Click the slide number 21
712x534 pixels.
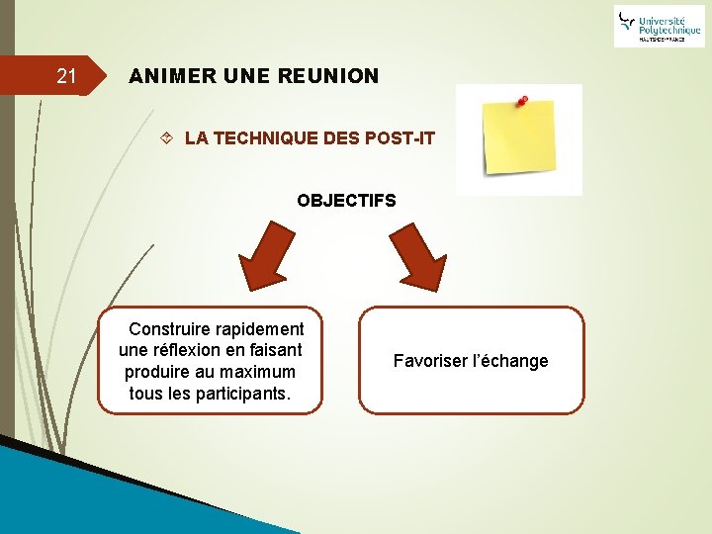coord(66,76)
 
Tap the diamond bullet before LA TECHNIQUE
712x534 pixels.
coord(167,138)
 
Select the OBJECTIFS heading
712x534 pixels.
coord(346,201)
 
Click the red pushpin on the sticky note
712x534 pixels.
coord(520,101)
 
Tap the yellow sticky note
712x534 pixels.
coord(517,141)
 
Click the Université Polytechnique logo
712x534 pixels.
coord(659,26)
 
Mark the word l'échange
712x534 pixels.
coord(511,361)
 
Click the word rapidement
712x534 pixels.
coord(263,328)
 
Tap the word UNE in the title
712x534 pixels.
coord(247,76)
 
